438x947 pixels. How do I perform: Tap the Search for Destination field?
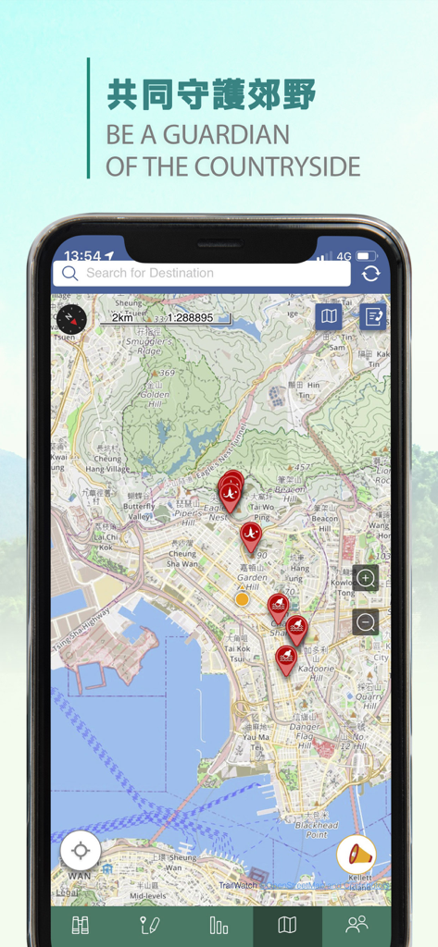point(204,274)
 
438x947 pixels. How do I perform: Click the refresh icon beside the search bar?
point(371,274)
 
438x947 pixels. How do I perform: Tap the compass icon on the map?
point(71,319)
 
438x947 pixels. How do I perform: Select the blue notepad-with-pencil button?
point(373,317)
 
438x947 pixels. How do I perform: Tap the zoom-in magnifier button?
point(366,579)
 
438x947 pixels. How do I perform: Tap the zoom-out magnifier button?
point(366,621)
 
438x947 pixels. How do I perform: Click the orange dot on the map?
point(242,599)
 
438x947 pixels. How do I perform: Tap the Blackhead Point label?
point(317,830)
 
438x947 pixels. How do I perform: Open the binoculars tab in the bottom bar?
point(81,925)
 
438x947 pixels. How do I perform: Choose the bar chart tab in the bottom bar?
point(219,925)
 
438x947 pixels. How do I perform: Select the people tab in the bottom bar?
point(357,924)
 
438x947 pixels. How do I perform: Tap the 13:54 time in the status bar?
point(82,255)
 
